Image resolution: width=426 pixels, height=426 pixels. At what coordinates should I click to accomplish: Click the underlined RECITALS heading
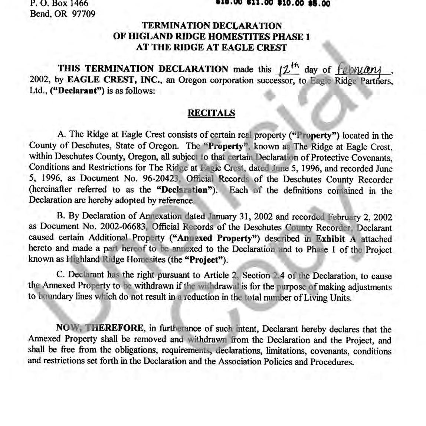tap(211, 113)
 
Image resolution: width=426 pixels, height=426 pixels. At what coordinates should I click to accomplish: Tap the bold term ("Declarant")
tap(77, 91)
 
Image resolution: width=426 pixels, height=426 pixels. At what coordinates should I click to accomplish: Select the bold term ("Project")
tap(205, 259)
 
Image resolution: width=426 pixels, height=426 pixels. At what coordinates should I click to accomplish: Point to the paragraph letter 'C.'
tap(61, 275)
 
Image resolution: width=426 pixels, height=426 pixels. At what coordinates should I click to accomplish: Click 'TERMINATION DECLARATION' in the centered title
tap(212, 26)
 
